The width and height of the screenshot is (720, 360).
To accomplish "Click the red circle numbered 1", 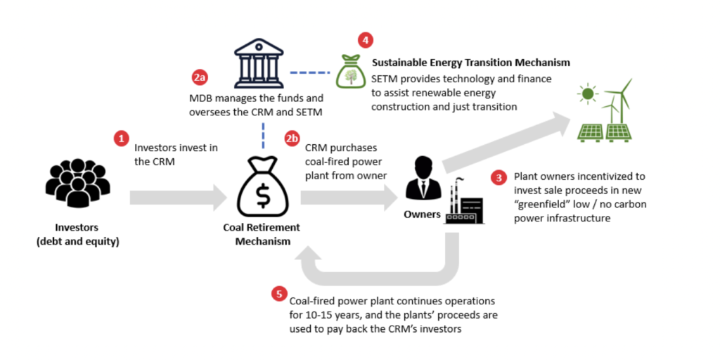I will click(122, 139).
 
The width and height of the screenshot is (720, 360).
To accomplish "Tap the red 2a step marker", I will click(200, 77).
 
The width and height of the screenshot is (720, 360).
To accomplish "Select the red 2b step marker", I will click(292, 139).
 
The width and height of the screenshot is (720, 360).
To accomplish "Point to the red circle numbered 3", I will click(499, 176).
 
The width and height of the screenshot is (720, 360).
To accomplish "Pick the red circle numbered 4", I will click(365, 40).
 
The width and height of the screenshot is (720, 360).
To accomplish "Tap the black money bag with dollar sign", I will click(262, 188).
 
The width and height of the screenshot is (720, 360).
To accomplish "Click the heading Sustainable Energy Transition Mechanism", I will click(470, 63).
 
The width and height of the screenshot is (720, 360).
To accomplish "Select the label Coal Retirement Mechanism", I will click(262, 234).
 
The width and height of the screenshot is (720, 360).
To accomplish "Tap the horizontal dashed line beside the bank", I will click(310, 72).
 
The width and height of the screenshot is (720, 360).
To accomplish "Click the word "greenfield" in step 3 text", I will click(541, 205).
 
